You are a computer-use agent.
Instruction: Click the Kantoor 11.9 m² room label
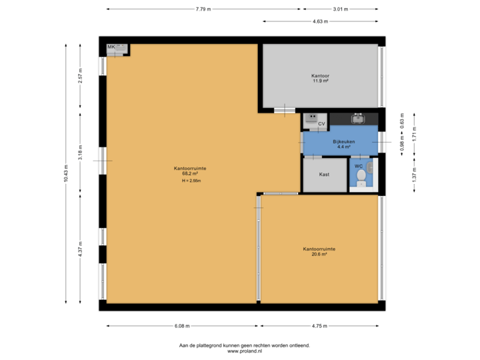320,79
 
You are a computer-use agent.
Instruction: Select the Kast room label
324,175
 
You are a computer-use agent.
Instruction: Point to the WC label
358,165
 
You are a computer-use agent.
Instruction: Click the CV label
321,124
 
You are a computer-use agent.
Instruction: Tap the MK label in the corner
111,47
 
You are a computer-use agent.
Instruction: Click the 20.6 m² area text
319,254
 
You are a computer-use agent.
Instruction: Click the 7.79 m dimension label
203,9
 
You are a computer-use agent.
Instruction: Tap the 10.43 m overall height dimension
65,173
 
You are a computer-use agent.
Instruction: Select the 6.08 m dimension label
182,326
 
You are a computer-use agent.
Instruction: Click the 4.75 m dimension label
319,326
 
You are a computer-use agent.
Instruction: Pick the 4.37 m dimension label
80,249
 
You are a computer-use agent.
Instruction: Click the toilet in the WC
361,177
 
